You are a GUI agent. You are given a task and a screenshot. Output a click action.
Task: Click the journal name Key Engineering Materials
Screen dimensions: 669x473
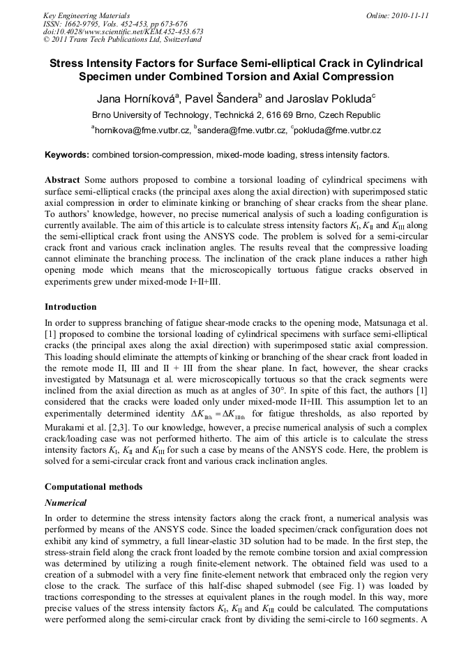click(86, 15)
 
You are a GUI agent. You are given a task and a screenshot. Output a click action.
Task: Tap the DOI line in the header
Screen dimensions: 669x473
click(123, 31)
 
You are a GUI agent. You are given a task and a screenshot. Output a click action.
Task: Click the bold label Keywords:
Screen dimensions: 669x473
click(66, 154)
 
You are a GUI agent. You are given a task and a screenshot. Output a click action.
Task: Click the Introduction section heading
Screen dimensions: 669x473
click(70, 306)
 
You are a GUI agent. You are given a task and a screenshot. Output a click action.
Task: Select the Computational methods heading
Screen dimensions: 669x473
click(93, 486)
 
